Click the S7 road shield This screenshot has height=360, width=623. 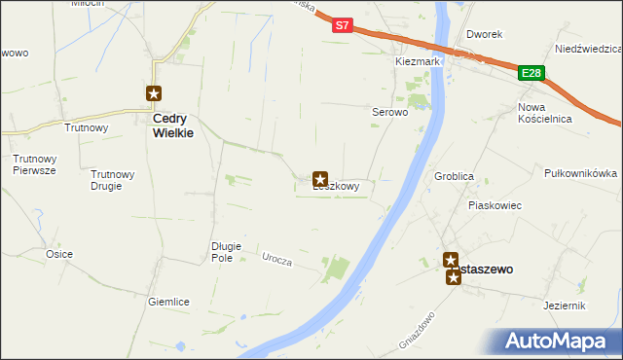[341, 26]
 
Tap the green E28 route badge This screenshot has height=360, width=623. [531, 73]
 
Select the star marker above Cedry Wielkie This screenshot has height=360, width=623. [154, 93]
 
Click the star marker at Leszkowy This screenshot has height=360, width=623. [320, 179]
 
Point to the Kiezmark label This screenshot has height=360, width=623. [419, 61]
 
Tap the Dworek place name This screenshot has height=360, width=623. [484, 34]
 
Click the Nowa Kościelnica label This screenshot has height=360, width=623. [544, 113]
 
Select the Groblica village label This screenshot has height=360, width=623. [455, 176]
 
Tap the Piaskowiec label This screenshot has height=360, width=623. [495, 205]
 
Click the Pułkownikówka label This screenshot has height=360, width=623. [580, 172]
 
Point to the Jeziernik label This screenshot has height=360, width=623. [565, 305]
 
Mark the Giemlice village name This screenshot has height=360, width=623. [168, 302]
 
